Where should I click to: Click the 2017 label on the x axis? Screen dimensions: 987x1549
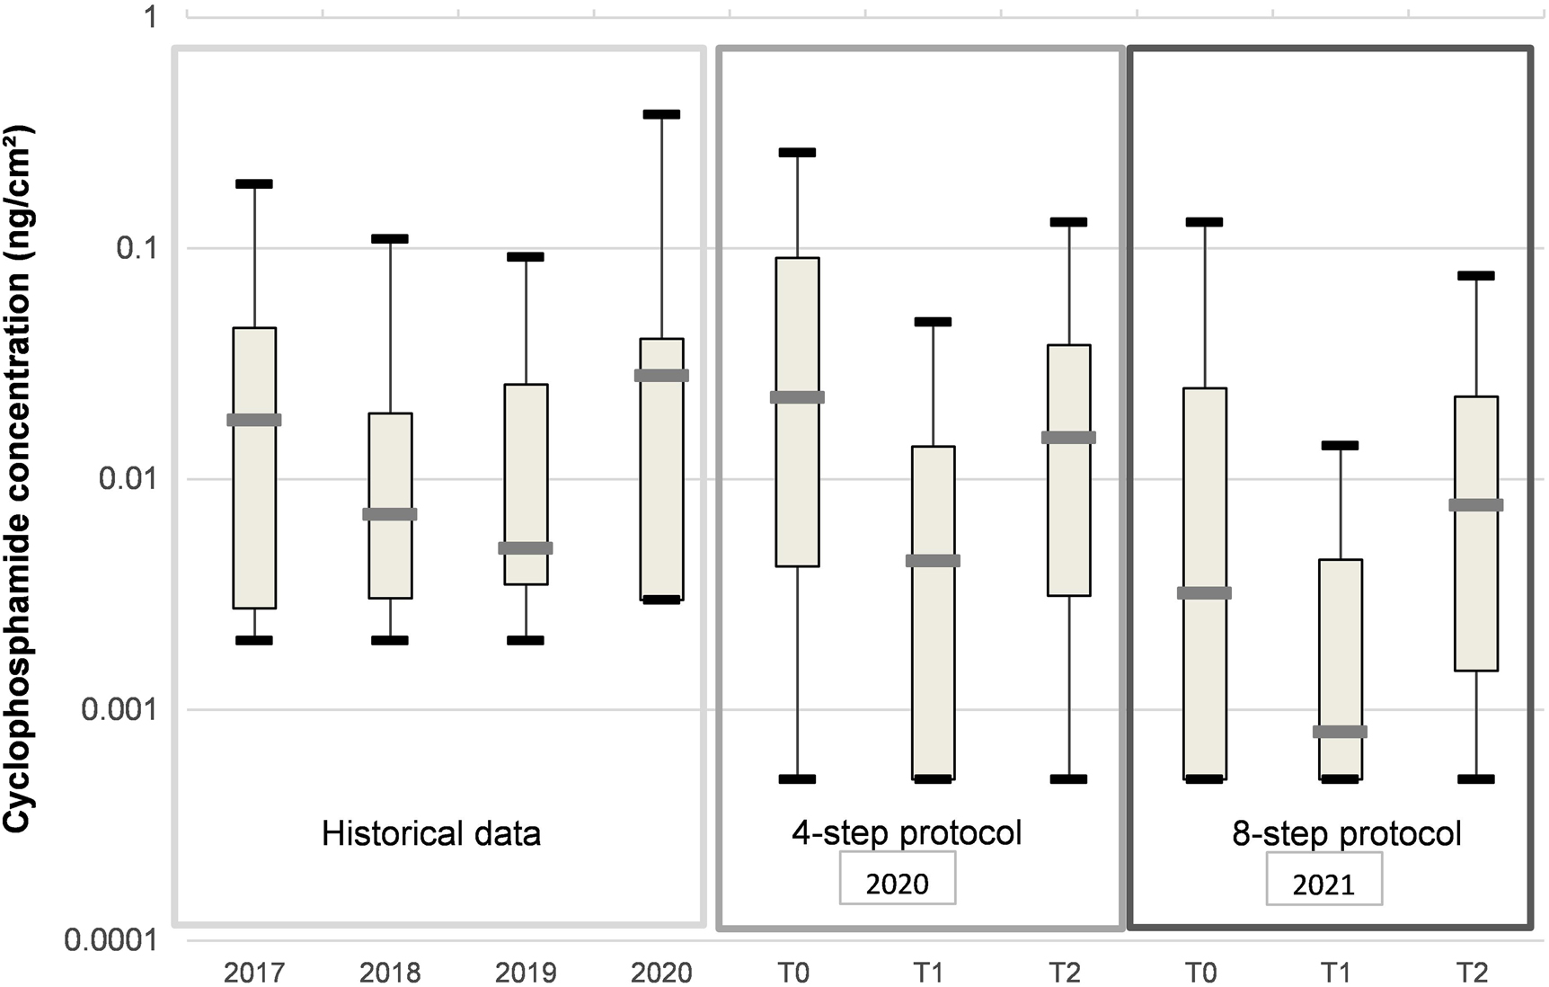[x=254, y=972]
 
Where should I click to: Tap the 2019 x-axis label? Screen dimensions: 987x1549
[x=526, y=972]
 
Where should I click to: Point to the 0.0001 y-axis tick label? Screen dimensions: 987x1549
[x=111, y=940]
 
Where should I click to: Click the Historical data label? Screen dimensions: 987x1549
[x=431, y=834]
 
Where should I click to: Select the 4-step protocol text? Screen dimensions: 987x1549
[x=907, y=833]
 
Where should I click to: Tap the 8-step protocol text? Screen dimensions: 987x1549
[x=1347, y=834]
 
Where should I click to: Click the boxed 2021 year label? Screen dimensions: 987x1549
[x=1323, y=885]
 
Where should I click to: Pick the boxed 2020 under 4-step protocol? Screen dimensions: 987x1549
[x=897, y=884]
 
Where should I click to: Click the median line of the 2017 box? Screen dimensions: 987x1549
[x=254, y=420]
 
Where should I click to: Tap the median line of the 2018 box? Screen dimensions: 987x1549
[x=390, y=514]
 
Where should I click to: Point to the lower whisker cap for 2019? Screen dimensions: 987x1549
[x=526, y=640]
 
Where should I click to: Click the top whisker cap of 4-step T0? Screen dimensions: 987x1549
[x=797, y=153]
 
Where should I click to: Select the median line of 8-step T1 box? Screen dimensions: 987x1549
[x=1340, y=732]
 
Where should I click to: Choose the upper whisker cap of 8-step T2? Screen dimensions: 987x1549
[x=1475, y=276]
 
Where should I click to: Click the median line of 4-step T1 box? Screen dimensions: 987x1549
[x=933, y=561]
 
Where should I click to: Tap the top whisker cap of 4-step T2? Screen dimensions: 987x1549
[x=1068, y=222]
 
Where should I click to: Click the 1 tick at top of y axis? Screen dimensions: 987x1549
[x=151, y=17]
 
